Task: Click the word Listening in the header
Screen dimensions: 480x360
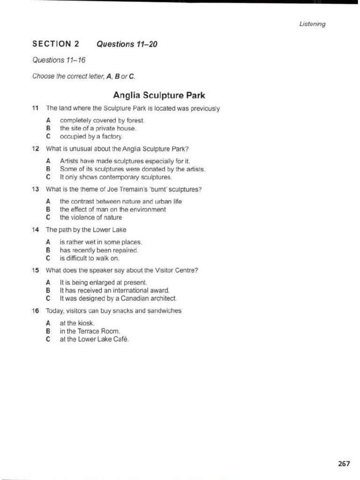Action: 312,24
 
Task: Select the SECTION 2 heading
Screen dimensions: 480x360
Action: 55,45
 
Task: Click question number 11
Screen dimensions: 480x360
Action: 35,109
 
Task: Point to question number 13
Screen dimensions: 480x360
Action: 35,189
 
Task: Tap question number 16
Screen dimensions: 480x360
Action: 35,311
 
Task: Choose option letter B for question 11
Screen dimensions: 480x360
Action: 48,128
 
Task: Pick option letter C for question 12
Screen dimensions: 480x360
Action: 48,177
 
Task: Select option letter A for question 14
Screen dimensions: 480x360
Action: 48,242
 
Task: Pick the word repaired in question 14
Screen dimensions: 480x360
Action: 126,250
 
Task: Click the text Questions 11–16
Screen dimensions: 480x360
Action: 52,60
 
